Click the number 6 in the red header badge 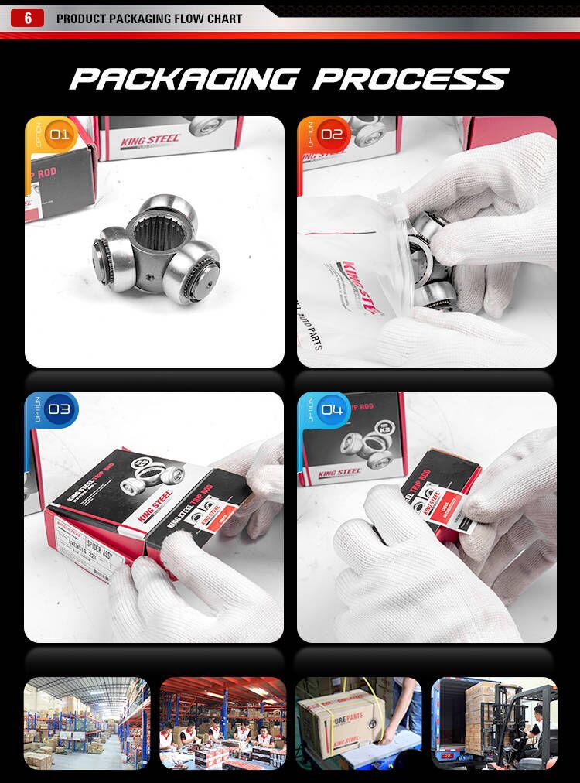28,19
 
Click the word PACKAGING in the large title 183,79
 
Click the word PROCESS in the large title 411,79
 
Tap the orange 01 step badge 58,135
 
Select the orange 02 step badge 331,135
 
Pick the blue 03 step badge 58,409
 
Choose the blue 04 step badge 331,409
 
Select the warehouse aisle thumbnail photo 86,723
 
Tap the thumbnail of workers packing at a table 222,723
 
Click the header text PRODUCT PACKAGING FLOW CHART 149,19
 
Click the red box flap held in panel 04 441,495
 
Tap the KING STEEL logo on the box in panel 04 339,472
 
